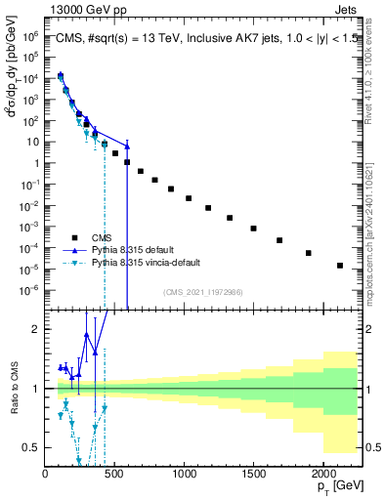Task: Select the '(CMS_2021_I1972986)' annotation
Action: point(202,291)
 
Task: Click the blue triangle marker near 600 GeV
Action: point(127,146)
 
